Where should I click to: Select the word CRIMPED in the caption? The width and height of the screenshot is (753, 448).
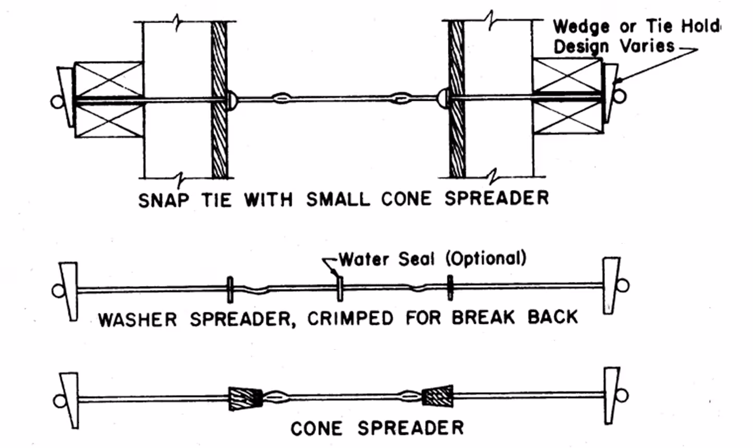[350, 319]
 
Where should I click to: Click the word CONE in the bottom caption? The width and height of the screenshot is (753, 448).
[317, 429]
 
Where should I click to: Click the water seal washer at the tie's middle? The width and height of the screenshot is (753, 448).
[340, 288]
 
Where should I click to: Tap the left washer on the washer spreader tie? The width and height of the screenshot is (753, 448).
[229, 290]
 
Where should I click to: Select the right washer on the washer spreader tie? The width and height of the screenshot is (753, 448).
[450, 287]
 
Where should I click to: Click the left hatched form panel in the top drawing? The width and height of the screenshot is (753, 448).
[220, 99]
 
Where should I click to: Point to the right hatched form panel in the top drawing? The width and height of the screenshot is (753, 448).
[457, 99]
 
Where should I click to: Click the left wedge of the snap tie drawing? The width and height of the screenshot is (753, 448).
[66, 97]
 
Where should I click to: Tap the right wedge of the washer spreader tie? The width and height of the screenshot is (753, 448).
[611, 285]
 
